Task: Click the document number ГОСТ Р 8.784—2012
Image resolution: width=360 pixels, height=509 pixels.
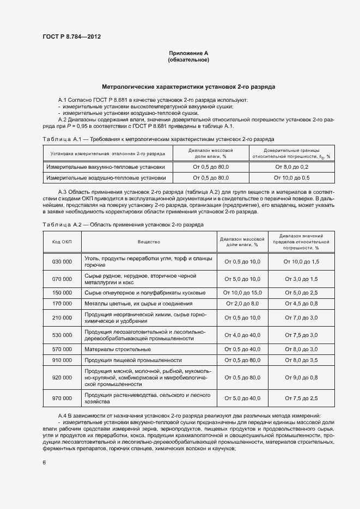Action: pos(71,36)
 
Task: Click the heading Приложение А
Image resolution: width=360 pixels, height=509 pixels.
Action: pos(188,53)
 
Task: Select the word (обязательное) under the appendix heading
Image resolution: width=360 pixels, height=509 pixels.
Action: pos(188,60)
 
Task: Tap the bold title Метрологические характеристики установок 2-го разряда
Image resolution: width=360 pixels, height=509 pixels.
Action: pos(188,86)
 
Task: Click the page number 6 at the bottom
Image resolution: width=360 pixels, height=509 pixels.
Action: pos(44,462)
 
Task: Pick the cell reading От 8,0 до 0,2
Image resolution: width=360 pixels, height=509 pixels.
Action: pos(291,167)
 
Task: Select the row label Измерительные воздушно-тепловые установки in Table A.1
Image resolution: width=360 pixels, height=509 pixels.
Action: pos(106,177)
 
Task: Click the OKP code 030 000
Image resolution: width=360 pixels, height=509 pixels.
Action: pos(62,262)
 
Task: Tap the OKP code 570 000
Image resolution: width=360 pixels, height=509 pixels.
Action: pos(62,349)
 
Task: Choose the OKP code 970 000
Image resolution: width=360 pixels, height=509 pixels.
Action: pos(62,398)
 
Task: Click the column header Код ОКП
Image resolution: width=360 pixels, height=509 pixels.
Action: pos(62,241)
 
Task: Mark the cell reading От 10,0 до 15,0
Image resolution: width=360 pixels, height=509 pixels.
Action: pos(242,292)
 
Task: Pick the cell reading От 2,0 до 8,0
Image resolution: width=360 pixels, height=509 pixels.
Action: pos(242,303)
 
